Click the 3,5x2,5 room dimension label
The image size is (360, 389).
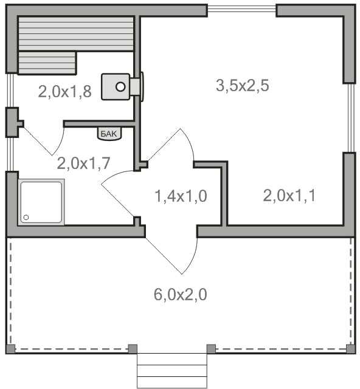tap(242, 85)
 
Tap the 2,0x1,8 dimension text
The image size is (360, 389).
tap(65, 92)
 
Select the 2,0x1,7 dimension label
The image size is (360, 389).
tap(83, 164)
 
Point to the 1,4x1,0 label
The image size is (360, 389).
tap(181, 196)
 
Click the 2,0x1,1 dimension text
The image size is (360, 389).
tap(289, 196)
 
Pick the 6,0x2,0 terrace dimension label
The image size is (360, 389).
tap(180, 295)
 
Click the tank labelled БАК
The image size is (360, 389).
tap(109, 134)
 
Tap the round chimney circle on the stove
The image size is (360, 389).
tap(120, 87)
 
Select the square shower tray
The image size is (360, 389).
tap(41, 202)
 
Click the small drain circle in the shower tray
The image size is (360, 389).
tap(26, 218)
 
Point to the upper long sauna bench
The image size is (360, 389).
tap(76, 34)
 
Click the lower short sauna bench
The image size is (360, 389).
tap(47, 63)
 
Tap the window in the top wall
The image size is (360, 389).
tap(242, 9)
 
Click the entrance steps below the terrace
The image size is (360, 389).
tap(172, 371)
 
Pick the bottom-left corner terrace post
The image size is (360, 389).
tap(10, 349)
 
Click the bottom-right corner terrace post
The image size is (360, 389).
tap(350, 349)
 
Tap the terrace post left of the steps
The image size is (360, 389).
tap(133, 349)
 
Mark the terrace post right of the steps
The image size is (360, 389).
tap(211, 349)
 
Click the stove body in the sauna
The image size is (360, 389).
tap(116, 87)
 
